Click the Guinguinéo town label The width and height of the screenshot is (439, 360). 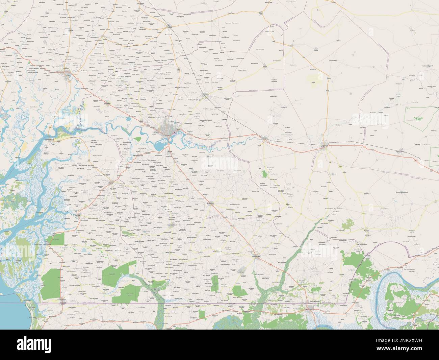click(x=206, y=95)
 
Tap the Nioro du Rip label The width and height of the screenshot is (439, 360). click(x=258, y=257)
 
